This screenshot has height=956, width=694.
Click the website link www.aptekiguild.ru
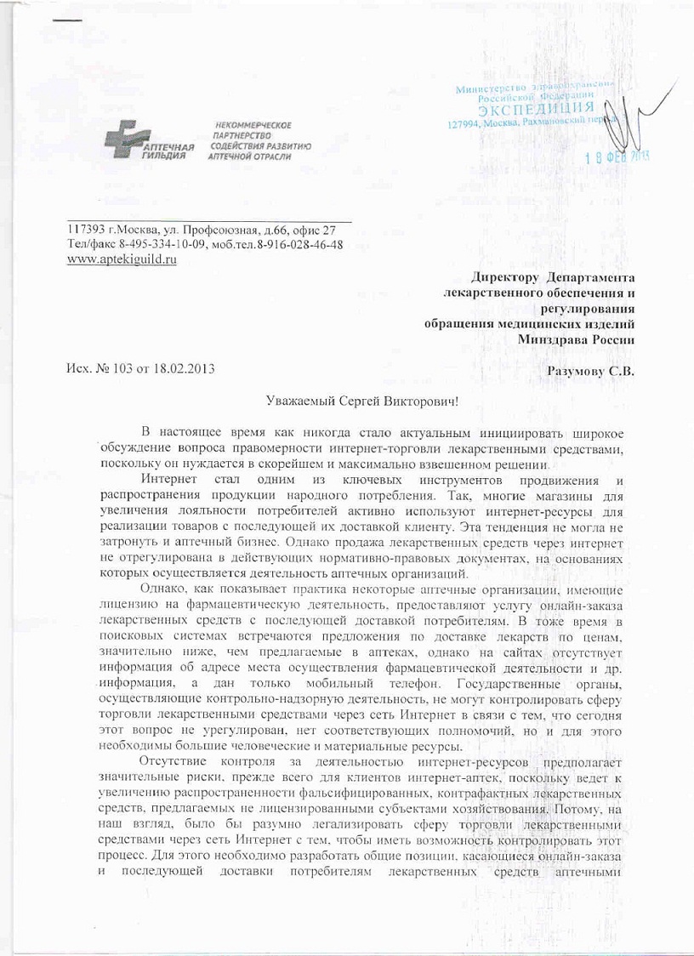(x=122, y=259)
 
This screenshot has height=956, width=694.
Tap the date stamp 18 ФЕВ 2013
(x=612, y=157)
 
